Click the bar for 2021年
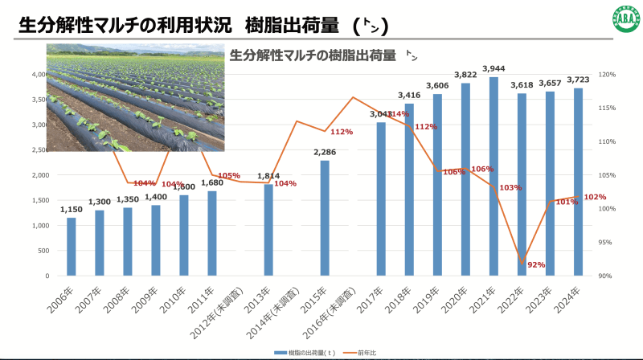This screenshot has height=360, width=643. (494, 177)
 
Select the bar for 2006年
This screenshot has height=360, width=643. (72, 246)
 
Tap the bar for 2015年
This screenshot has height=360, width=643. (325, 218)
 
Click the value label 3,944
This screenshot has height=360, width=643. (494, 69)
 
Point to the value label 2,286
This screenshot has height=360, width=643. (325, 153)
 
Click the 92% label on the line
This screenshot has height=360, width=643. (536, 265)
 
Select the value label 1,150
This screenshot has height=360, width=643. (72, 211)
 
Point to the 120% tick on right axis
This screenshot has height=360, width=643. (607, 75)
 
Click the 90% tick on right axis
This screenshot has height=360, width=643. (607, 276)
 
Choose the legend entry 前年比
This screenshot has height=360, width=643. (374, 352)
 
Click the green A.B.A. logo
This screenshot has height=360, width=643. (620, 20)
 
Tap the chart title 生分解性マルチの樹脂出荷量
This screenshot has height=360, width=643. (313, 55)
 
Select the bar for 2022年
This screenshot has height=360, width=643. (522, 185)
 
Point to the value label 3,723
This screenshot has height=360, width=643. (578, 80)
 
